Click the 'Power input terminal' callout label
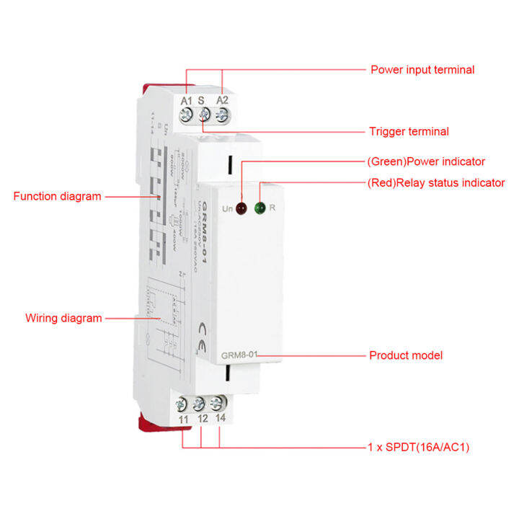click(422, 70)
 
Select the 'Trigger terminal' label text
click(409, 131)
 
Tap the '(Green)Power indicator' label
click(426, 161)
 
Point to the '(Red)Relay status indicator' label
click(435, 182)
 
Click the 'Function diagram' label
click(58, 196)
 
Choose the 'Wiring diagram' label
click(63, 317)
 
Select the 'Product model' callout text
click(406, 355)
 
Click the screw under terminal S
click(205, 114)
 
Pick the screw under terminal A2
click(222, 114)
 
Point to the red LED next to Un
click(241, 210)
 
